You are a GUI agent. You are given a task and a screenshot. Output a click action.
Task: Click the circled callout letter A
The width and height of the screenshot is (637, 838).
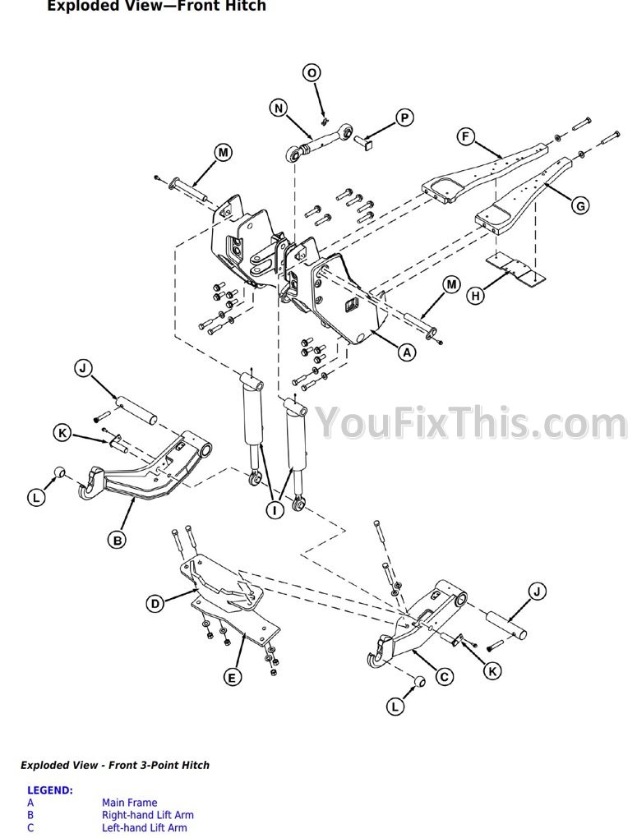coord(407,352)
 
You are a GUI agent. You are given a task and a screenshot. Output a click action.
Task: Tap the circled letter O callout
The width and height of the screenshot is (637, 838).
coord(312,72)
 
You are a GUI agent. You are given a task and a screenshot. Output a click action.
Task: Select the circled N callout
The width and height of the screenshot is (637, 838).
coord(278,108)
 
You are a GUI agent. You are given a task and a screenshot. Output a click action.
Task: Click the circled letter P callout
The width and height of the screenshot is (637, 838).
coord(404,117)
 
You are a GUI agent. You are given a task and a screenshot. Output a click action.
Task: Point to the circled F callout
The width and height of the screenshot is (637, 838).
coord(466,137)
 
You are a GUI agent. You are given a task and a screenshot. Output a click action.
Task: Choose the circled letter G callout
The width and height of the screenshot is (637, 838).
coord(579,205)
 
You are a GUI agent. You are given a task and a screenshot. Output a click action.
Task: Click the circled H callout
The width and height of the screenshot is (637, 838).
coord(475,295)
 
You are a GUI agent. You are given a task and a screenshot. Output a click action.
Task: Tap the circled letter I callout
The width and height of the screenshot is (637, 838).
coord(275,510)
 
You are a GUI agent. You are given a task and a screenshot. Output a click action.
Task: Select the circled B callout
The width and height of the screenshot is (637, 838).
coord(117,541)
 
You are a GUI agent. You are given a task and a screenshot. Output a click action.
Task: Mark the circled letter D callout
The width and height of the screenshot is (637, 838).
coord(155,604)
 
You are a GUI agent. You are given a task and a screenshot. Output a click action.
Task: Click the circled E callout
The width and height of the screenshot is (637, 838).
coord(232,678)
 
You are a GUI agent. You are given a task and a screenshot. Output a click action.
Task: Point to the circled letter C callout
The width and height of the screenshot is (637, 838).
coord(444,677)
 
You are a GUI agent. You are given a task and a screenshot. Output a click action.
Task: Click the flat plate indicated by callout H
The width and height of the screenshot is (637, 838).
coord(515,271)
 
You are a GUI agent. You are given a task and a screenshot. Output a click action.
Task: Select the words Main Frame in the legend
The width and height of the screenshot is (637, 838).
coord(129,802)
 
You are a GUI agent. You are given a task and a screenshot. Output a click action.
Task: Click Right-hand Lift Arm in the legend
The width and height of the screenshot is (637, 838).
coord(148,815)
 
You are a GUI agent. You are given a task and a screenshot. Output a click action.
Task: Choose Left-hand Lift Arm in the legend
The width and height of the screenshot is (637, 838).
coord(145,828)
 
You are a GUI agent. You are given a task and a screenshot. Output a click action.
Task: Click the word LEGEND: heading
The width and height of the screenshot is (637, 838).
coord(50,790)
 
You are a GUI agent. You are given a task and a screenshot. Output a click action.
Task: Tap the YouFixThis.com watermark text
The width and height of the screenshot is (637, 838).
coord(471,423)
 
